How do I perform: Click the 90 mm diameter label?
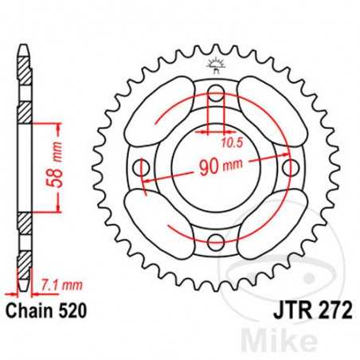(216, 168)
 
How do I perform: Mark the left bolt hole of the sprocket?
(143, 168)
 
